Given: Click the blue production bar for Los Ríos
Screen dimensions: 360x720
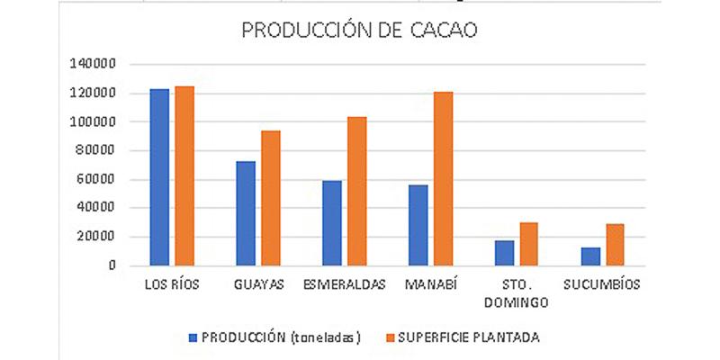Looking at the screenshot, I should click(x=159, y=177).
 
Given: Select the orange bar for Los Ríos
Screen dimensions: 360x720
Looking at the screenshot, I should click(x=184, y=176).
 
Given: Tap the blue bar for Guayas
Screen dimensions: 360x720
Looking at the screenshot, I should click(x=245, y=213).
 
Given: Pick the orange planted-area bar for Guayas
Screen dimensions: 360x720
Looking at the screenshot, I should click(x=270, y=198).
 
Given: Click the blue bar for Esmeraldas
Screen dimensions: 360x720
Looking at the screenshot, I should click(x=331, y=223).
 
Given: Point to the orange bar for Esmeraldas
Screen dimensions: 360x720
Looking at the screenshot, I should click(x=356, y=191).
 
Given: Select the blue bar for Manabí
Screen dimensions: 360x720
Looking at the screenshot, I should click(x=418, y=225).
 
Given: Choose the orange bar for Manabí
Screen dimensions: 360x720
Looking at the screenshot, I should click(x=443, y=178).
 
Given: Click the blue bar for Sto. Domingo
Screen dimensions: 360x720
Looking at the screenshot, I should click(x=504, y=253).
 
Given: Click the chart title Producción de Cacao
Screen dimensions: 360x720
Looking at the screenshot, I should click(x=359, y=31).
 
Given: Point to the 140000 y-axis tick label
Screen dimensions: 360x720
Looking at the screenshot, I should click(x=93, y=65).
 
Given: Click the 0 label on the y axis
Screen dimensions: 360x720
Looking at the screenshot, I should click(x=112, y=266).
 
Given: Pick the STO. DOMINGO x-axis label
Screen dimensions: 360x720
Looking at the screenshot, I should click(x=517, y=293).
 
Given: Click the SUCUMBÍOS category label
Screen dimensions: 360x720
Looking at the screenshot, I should click(x=602, y=285).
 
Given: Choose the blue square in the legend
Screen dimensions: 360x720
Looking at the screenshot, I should click(x=193, y=337).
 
